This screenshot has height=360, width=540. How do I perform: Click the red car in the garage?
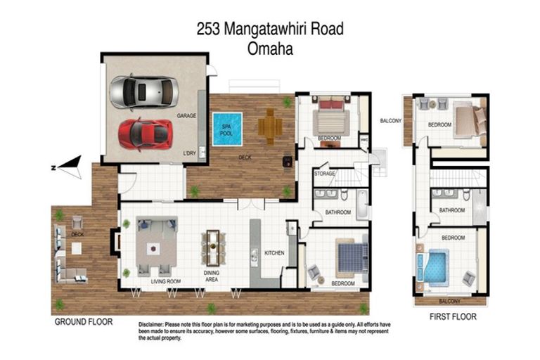tap(144, 134)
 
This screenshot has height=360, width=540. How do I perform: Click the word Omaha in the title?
tap(270, 49)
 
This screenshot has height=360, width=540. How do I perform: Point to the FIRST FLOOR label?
tap(453, 317)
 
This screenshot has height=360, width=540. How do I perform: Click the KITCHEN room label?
tap(274, 253)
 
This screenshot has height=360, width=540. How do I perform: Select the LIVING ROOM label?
tap(166, 281)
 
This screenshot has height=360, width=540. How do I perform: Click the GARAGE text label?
tap(186, 115)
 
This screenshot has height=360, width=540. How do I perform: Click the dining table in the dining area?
tap(214, 248)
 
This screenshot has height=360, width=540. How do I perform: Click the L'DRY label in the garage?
tap(188, 153)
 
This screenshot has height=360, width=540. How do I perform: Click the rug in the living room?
tap(157, 247)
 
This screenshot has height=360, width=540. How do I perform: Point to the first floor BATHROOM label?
tap(452, 210)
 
